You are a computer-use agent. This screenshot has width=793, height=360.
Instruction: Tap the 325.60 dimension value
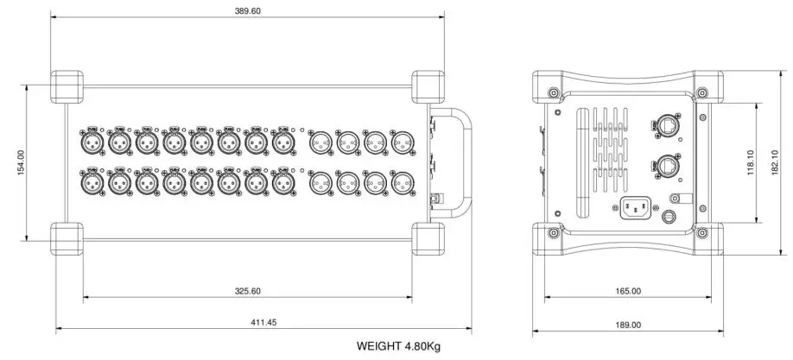tap(248, 291)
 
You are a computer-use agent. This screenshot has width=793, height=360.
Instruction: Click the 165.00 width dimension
tap(628, 291)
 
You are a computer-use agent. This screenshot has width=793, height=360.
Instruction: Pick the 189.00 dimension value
tap(629, 325)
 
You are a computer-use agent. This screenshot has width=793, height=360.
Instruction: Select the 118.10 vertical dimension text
tap(751, 161)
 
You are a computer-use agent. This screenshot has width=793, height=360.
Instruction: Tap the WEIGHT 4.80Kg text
tap(399, 346)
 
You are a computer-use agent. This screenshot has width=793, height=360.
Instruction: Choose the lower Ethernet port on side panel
tap(668, 164)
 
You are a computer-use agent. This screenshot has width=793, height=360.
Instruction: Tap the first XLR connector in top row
tap(91, 141)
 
